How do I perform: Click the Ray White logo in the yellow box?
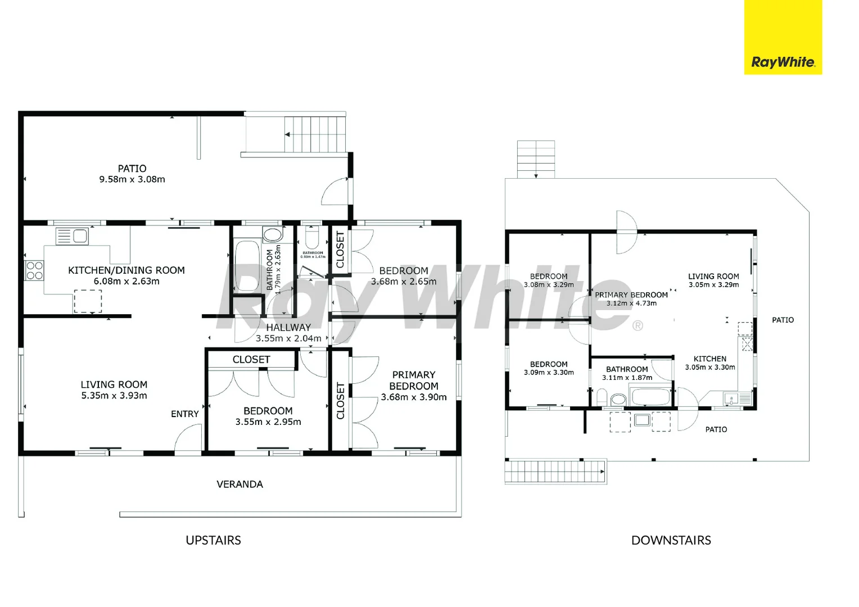783,62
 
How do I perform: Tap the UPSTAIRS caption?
213,540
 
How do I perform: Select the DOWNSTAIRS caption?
671,540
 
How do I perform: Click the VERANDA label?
239,484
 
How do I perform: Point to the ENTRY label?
184,414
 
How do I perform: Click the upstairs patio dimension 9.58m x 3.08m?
132,179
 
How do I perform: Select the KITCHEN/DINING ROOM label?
126,270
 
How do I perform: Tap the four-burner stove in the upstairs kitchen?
34,270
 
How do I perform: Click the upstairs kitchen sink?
72,236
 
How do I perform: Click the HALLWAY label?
288,327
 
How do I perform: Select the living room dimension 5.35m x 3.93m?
114,396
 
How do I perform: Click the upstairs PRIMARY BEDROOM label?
414,380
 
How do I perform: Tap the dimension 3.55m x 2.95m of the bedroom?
268,422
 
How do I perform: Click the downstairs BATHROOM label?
627,369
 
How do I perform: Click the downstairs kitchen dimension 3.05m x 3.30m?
710,367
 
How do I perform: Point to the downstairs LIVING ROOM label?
713,276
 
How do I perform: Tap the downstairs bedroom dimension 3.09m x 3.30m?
549,372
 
